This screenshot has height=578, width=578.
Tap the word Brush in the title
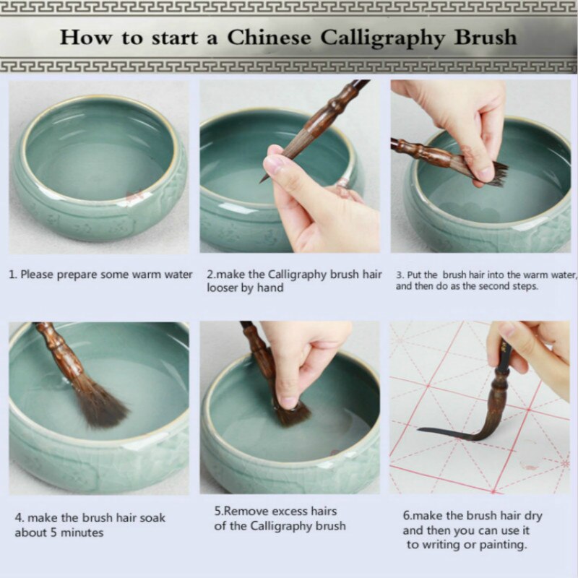483,37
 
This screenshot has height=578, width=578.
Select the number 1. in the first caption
12,275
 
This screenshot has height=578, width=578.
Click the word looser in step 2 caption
223,288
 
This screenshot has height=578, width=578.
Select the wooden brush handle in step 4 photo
61,354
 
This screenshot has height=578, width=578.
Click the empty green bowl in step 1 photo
98,166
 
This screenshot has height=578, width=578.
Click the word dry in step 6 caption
534,516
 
